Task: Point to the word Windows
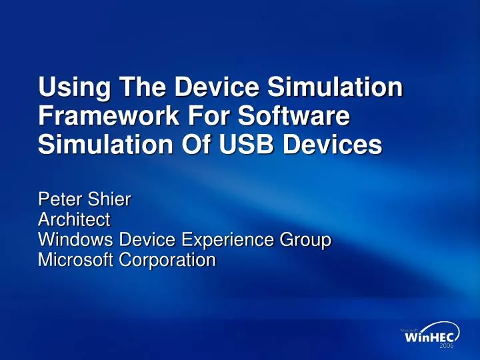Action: click(78, 239)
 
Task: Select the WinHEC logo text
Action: click(429, 339)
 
